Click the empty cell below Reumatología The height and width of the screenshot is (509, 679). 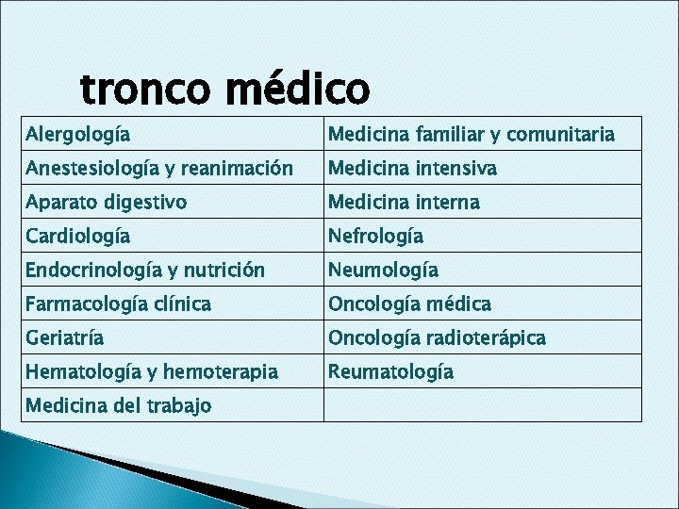(481, 405)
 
